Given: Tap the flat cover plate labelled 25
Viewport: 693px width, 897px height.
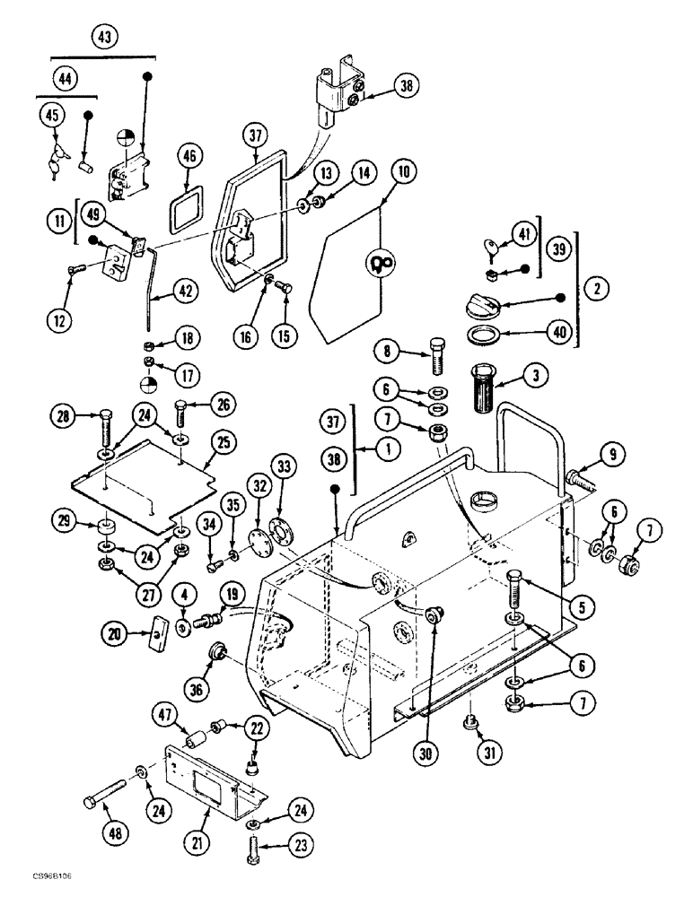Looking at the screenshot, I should pyautogui.click(x=144, y=489).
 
